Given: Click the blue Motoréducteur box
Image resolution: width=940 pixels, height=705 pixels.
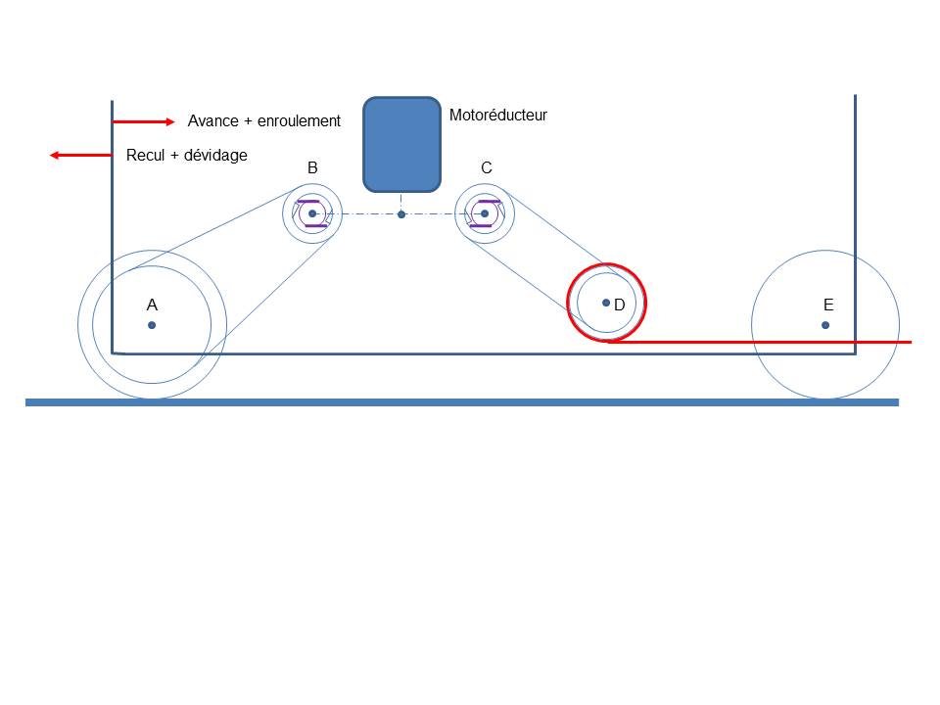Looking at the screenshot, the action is click(x=401, y=144).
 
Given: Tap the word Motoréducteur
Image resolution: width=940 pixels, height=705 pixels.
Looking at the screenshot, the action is click(x=497, y=115).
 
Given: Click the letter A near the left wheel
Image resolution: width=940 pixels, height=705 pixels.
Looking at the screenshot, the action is click(x=153, y=305).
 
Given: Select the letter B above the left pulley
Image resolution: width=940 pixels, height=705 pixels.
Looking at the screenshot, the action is click(x=312, y=168).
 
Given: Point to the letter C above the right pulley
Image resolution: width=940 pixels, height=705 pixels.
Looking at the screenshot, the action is click(x=487, y=168).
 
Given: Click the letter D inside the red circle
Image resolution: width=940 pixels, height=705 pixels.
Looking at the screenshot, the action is click(x=620, y=305).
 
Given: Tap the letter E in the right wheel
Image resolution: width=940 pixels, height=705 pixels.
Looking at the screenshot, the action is click(x=828, y=305).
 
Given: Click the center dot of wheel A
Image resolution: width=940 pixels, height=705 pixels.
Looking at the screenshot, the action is click(x=152, y=325).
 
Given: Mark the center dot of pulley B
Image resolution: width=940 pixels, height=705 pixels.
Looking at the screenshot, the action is click(x=312, y=213).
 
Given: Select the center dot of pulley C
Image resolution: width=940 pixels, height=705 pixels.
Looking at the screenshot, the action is click(x=485, y=213).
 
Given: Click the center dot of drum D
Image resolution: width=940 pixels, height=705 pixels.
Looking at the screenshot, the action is click(x=606, y=302).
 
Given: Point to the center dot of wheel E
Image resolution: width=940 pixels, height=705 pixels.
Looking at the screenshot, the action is click(x=826, y=325).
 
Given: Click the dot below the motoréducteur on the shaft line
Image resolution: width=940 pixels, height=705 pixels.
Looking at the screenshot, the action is click(x=401, y=214).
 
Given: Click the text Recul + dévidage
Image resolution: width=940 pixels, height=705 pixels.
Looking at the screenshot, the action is click(x=187, y=155).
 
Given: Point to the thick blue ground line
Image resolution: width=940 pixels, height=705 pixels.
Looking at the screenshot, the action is click(x=461, y=402).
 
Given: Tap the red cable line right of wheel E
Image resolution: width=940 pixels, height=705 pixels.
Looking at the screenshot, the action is click(x=906, y=342).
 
